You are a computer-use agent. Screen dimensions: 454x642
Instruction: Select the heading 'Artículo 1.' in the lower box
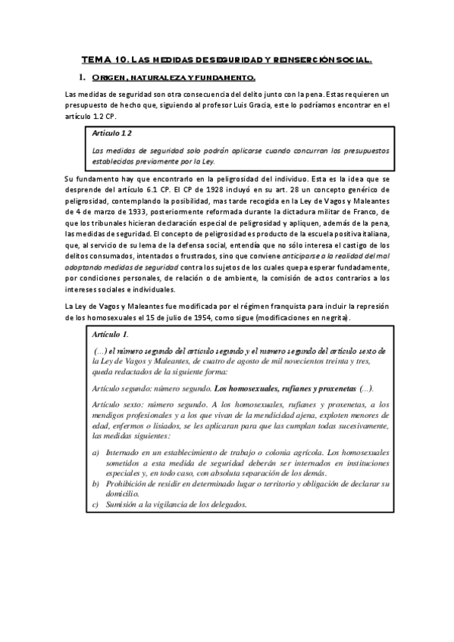pos(109,334)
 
